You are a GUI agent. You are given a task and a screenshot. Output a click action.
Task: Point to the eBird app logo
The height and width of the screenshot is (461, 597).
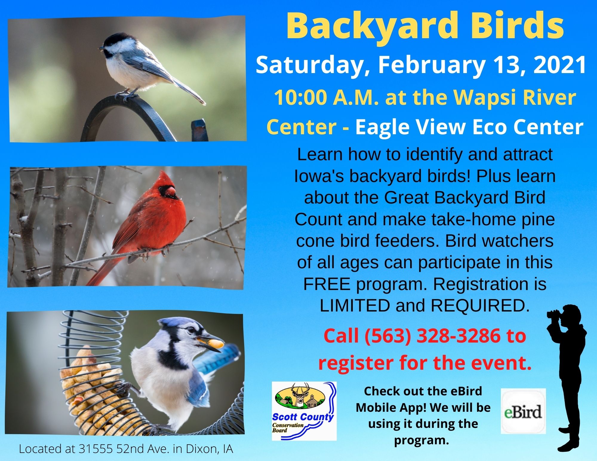[x=523, y=411]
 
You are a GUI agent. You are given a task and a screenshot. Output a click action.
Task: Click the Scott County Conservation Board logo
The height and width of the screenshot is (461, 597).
[x=304, y=411]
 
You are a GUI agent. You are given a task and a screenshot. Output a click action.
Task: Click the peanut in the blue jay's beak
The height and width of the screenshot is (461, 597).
[x=216, y=344]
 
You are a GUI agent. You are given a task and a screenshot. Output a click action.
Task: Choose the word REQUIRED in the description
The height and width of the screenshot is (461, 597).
[x=478, y=305]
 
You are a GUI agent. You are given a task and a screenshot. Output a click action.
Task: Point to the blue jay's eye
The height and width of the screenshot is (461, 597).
[x=190, y=330]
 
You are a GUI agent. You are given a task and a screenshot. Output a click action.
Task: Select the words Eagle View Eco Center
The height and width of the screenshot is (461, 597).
[x=469, y=127]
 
